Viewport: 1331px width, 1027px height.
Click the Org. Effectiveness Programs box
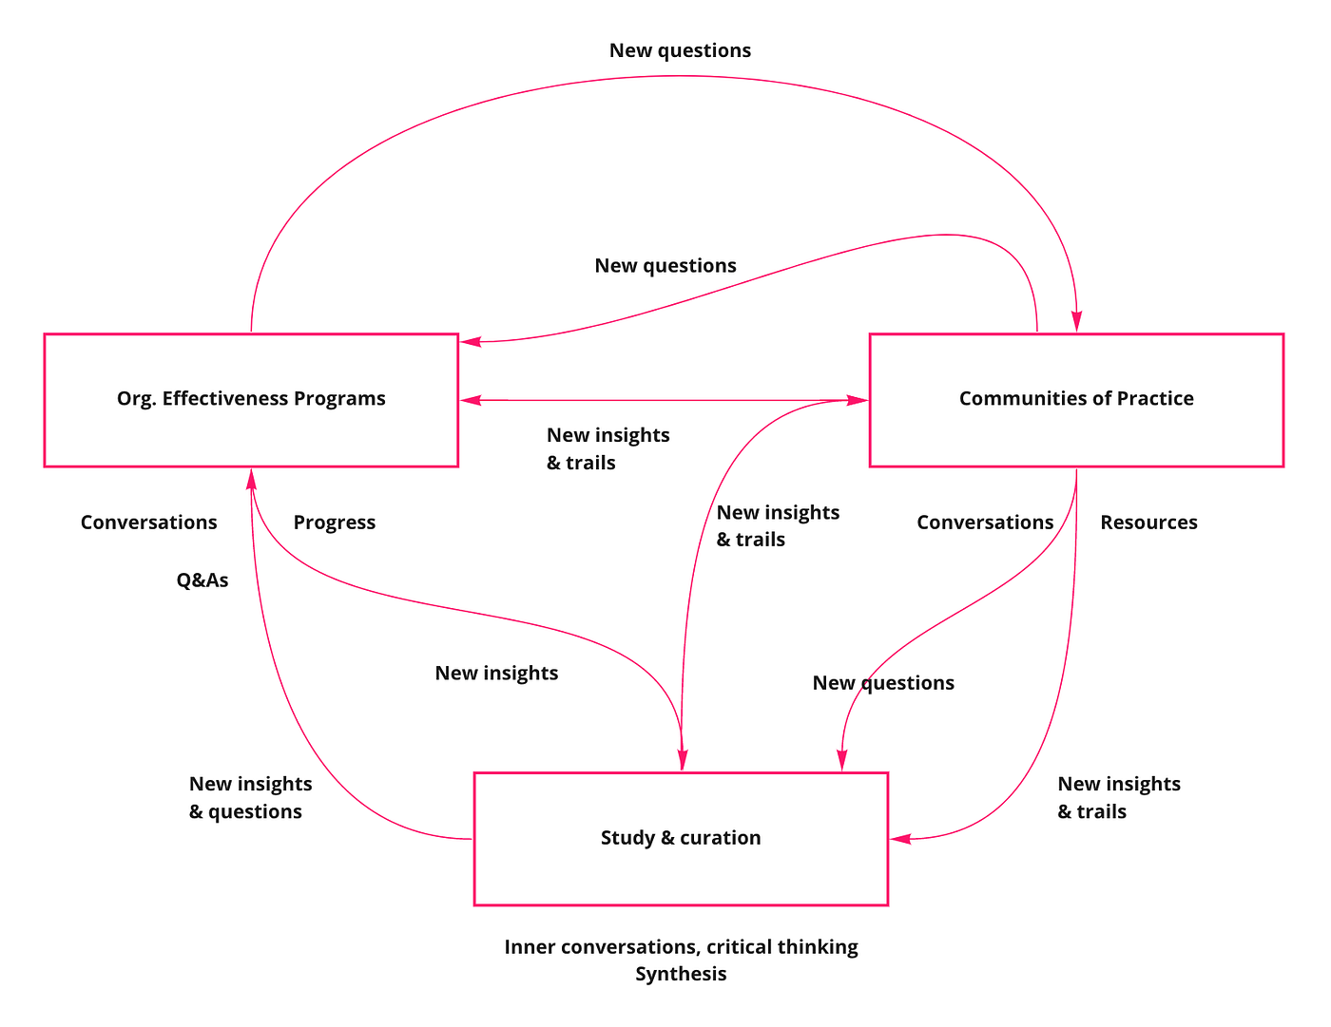coord(251,399)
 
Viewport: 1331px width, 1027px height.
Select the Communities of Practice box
coord(1076,399)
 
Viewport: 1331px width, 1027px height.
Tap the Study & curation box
coord(681,838)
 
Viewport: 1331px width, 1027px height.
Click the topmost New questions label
coord(680,50)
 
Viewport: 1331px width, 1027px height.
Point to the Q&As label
coord(203,580)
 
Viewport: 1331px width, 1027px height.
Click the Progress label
coord(334,523)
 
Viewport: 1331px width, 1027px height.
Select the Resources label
coord(1148,523)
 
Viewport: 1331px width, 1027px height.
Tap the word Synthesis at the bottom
coord(681,974)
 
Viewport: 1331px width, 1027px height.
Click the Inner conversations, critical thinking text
coord(681,947)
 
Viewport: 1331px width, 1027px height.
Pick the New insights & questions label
coord(250,797)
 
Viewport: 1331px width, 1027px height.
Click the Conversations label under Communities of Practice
coord(985,523)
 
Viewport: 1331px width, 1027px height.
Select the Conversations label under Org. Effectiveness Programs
coord(148,523)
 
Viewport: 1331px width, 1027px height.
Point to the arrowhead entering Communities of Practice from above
coord(1077,325)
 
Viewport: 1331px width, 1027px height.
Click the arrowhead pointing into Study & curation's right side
coord(899,839)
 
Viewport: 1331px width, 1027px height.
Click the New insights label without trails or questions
coord(496,673)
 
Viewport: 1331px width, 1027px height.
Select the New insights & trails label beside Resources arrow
coord(1118,797)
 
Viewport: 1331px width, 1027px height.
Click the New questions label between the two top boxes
coord(665,266)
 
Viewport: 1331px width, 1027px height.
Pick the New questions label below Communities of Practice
coord(883,683)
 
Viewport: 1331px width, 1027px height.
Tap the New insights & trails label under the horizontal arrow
coord(608,448)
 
